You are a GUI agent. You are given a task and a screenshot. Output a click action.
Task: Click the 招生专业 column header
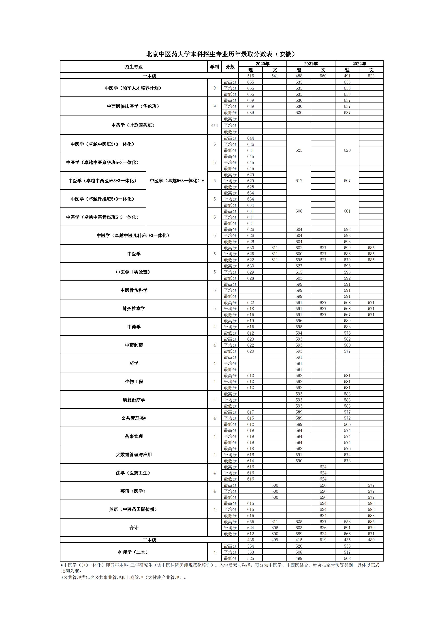[134, 67]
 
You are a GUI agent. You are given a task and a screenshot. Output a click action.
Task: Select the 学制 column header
[214, 67]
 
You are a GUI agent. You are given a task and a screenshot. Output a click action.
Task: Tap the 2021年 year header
[311, 64]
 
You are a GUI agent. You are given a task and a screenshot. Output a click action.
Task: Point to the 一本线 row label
[149, 76]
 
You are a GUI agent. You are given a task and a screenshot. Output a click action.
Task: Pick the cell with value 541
[275, 76]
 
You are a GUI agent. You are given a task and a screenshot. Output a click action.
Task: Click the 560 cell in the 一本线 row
[323, 76]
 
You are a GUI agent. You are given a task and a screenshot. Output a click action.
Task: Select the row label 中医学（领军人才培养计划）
[134, 88]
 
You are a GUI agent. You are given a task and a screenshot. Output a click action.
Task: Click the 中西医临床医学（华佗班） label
[134, 106]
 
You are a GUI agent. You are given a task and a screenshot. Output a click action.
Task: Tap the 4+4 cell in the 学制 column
[214, 125]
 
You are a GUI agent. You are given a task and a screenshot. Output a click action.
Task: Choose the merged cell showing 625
[299, 150]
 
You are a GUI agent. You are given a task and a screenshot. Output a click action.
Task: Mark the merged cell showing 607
[347, 181]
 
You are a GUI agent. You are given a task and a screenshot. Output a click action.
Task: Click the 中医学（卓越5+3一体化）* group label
[177, 181]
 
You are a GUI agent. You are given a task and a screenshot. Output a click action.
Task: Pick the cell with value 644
[250, 138]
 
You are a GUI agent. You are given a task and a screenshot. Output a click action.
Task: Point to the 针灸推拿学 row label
[134, 309]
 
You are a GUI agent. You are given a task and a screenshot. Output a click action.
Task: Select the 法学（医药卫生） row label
[134, 473]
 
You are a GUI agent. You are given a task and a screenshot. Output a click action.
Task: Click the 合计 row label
[134, 528]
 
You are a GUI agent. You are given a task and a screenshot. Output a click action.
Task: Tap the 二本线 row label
[149, 540]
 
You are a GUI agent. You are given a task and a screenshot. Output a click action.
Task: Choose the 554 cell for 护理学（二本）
[250, 546]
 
